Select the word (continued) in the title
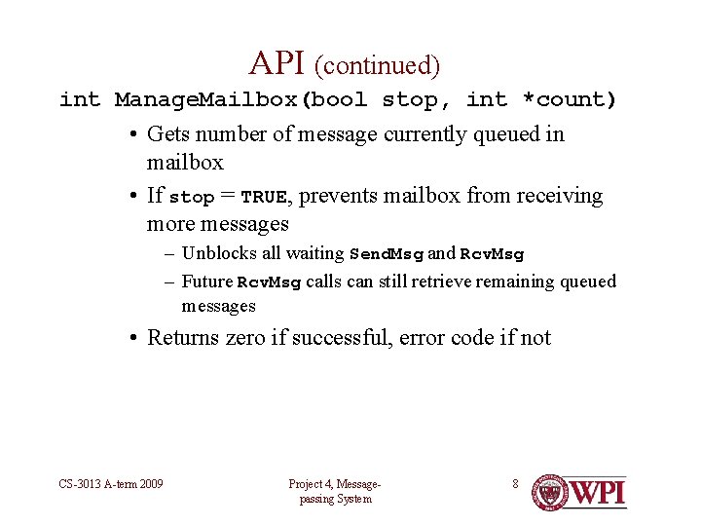377,65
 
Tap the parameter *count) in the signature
570,99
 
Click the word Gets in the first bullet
168,134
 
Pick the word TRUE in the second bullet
264,197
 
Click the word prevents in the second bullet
338,196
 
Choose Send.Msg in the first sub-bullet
387,254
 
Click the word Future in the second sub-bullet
207,282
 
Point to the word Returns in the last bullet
184,338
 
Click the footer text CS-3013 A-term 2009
109,484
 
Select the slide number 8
516,483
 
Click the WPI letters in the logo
597,492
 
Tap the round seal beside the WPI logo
549,493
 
